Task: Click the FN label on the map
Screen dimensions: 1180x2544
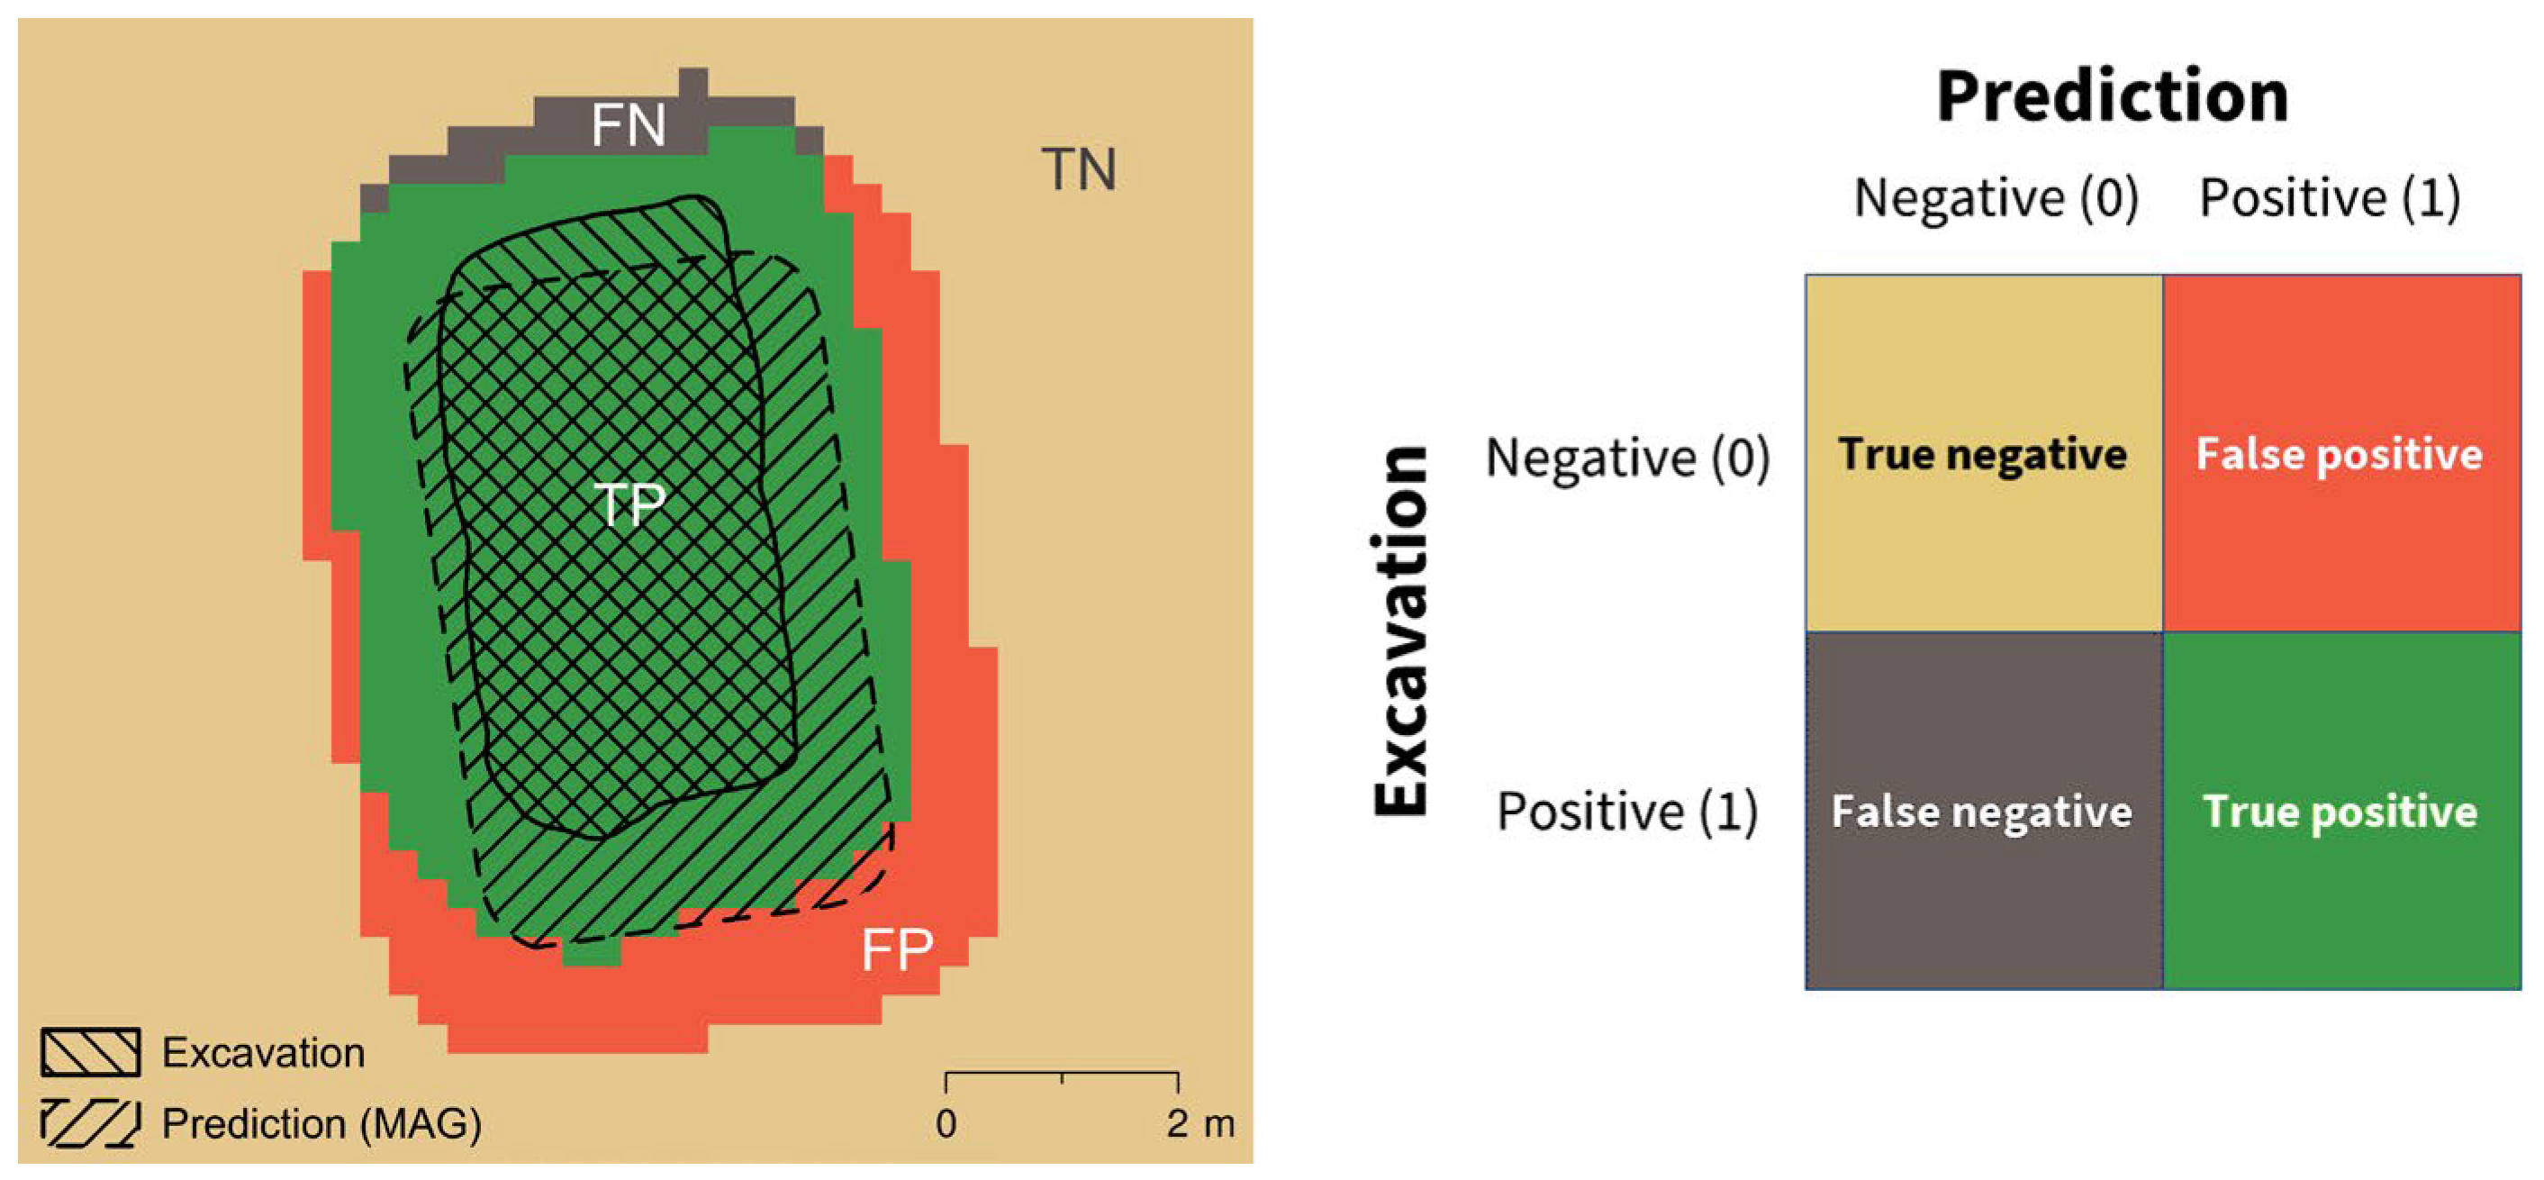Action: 628,125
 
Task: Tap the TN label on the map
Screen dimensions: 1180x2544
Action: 1079,170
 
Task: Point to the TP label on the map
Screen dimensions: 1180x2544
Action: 629,504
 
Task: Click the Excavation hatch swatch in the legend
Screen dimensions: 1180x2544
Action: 90,1053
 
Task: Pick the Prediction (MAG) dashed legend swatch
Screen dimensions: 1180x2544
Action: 90,1124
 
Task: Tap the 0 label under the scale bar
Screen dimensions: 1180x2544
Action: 946,1125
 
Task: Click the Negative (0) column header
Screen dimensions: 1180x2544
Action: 1996,197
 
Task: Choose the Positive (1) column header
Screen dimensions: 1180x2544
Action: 2329,197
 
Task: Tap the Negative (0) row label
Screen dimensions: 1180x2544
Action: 1627,458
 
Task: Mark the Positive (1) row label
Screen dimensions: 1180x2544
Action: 1627,812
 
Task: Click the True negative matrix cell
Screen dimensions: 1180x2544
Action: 1983,454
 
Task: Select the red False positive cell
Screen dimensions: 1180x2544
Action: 2340,454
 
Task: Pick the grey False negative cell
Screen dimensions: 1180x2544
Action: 1983,812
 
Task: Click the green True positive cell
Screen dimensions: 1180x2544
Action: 2340,812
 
